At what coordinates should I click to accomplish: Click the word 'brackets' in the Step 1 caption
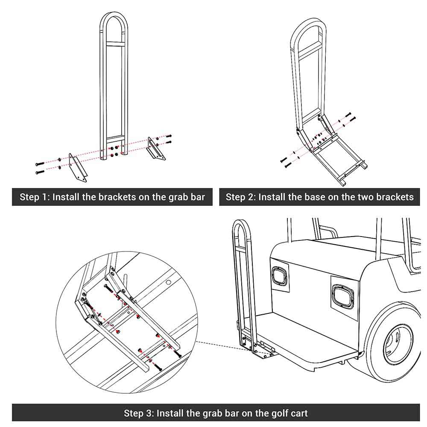pos(116,197)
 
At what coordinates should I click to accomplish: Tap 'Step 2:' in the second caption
pos(240,197)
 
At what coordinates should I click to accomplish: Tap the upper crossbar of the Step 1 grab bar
pos(114,43)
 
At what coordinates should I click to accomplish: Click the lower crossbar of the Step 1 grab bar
pos(114,138)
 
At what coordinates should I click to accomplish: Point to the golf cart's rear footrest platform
pos(307,337)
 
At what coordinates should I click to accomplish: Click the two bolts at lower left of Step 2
pos(285,162)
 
